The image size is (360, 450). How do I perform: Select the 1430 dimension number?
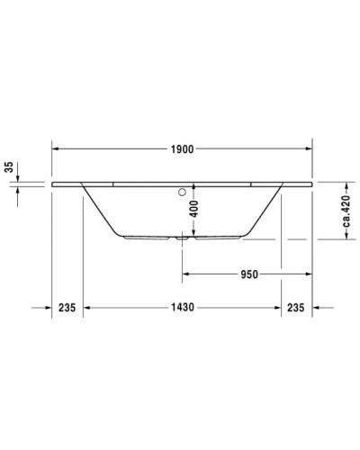point(183,308)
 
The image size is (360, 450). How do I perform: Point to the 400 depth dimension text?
point(191,211)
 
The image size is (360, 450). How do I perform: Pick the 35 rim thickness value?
point(8,166)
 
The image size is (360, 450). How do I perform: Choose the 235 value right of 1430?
point(296,308)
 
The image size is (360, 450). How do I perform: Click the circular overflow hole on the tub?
point(183,191)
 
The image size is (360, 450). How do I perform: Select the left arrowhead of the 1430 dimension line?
point(87,308)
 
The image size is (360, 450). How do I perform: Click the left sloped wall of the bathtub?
point(101,209)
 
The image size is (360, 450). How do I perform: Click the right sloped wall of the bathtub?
point(263,209)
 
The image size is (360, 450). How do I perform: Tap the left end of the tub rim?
point(54,184)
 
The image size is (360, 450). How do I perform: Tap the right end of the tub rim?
point(310,184)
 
